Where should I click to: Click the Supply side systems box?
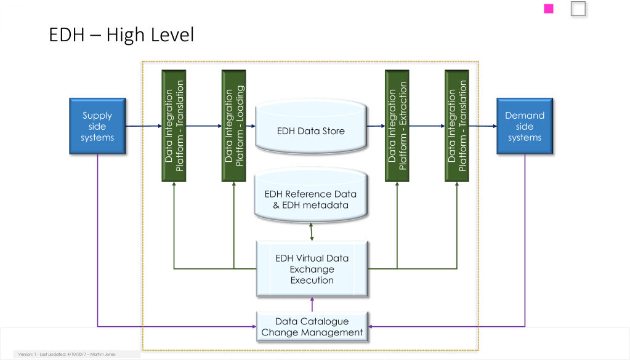coord(97,127)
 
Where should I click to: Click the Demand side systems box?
coord(525,127)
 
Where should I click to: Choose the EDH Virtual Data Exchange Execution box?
coord(312,270)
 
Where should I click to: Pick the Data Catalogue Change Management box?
coord(312,327)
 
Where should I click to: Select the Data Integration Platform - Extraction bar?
coord(397,126)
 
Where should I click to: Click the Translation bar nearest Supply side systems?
coord(174,126)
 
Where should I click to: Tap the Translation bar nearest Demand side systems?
coord(457,126)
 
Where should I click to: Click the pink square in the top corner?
coord(549,9)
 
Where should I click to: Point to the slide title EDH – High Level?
coord(121,36)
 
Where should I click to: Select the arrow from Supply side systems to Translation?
coord(144,127)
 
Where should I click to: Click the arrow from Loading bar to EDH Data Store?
coord(251,127)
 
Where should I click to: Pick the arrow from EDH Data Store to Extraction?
coord(376,127)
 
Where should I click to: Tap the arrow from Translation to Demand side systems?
coord(483,127)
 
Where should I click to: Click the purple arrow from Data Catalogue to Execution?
coord(312,303)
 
